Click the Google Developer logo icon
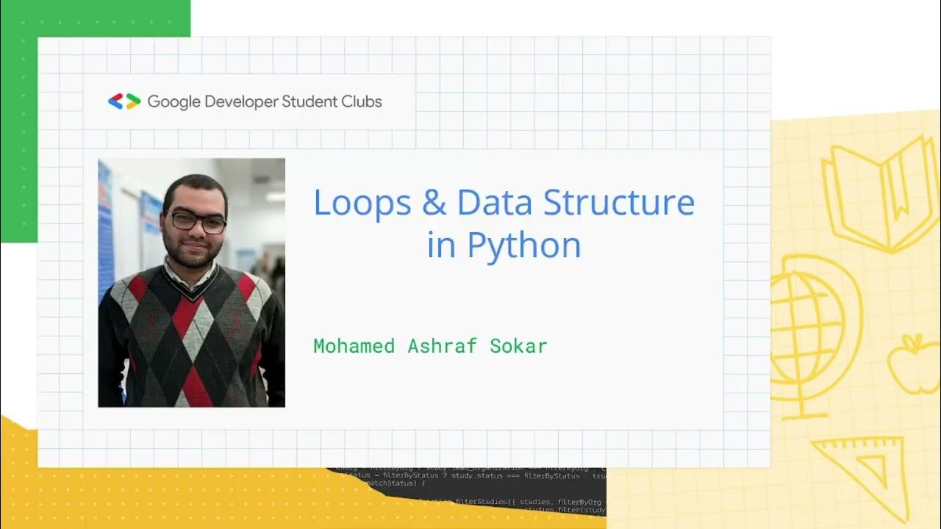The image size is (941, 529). pos(124,101)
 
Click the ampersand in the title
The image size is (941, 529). pos(434,203)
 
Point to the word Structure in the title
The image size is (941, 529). pos(619,203)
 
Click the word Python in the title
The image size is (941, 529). pos(524,246)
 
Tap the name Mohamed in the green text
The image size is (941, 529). pos(354,346)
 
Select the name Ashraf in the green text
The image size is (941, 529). pos(442,346)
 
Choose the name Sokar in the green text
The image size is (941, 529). pos(518,346)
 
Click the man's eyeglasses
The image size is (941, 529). pos(196,221)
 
